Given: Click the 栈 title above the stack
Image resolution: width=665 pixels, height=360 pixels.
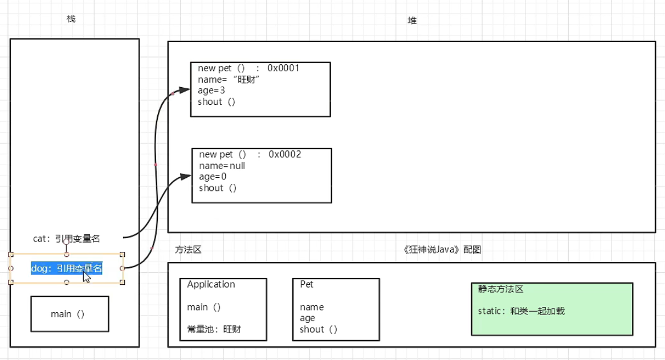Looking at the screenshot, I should pos(71,19).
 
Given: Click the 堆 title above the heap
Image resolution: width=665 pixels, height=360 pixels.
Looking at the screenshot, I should pos(411,21).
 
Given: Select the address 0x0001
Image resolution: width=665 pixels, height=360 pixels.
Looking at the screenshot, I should pos(283,68).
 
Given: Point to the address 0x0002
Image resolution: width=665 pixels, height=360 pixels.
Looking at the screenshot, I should pos(284,154).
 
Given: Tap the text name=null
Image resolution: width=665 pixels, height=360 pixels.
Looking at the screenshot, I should pos(222,166).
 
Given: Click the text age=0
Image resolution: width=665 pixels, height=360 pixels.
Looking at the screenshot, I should pos(212,177).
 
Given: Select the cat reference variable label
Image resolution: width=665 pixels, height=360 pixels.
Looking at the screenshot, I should pos(67,239).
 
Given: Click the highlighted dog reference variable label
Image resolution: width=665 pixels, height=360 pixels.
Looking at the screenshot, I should pos(67,268).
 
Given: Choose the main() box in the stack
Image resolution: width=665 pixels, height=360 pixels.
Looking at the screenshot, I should pos(70,314).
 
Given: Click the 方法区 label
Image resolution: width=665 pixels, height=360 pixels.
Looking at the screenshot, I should pos(188,249).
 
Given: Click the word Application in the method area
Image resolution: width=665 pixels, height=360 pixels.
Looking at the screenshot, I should pos(211,284).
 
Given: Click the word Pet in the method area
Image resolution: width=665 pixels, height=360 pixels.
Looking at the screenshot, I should pos(307,284).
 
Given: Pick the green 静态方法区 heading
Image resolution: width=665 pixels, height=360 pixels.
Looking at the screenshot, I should pos(500,289).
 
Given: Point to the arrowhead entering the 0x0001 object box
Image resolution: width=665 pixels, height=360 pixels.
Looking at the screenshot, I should pos(186,90).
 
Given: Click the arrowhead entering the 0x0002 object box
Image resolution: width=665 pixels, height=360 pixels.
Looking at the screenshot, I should pos(186,177).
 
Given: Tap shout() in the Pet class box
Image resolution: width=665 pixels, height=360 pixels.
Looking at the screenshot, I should pos(319,329).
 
